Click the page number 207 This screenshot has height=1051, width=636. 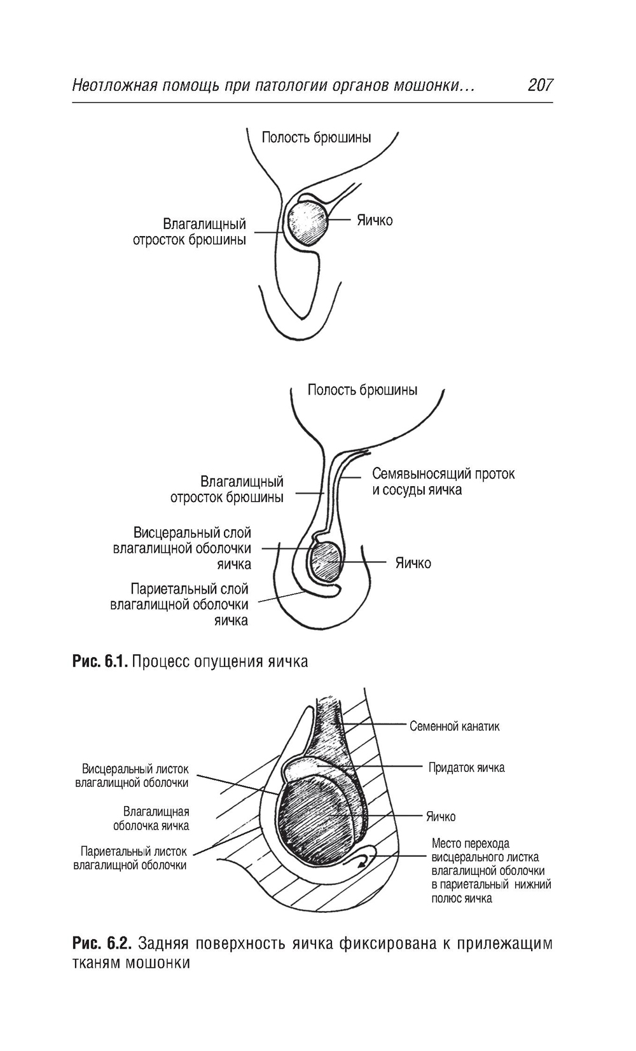tap(540, 85)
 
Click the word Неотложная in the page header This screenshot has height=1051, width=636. tap(114, 85)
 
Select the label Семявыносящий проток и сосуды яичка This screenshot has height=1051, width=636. tap(443, 482)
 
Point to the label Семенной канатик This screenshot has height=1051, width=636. tap(454, 726)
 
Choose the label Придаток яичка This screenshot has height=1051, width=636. tap(466, 767)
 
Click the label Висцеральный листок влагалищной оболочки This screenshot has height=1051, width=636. tap(132, 776)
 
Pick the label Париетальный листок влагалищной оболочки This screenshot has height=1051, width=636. tap(131, 858)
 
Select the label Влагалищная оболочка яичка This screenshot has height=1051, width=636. tap(151, 819)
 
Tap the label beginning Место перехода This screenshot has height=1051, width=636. tap(490, 871)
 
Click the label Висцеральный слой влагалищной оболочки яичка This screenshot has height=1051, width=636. tap(182, 548)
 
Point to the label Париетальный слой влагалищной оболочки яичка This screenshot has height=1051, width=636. tap(180, 604)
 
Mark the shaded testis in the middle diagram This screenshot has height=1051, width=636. tap(326, 560)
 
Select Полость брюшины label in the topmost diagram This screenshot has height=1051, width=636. tap(316, 137)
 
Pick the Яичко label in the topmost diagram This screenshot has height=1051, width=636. tap(375, 221)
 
